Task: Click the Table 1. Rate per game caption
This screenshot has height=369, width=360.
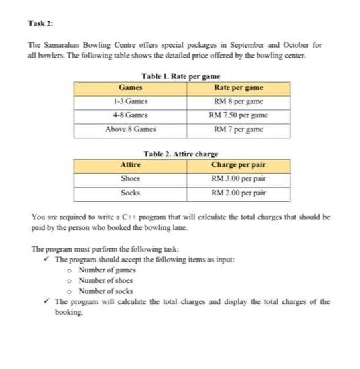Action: coord(181,77)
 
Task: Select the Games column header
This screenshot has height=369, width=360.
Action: coord(130,88)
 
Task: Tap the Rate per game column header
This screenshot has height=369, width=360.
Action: coord(238,88)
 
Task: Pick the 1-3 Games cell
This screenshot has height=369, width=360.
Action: coord(130,101)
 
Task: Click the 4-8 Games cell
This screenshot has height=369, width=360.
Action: coord(130,115)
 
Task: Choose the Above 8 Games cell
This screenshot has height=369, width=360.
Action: coord(130,128)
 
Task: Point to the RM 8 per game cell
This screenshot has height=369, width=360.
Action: coord(238,101)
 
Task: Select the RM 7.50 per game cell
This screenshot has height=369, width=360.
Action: coord(238,115)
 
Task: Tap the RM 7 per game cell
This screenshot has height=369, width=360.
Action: coord(238,128)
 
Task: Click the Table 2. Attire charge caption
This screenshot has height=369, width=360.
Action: coord(181,154)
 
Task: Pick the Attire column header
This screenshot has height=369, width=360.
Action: coord(130,165)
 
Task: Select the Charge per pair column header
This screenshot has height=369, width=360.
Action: coord(238,165)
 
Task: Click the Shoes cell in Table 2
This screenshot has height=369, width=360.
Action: coord(130,178)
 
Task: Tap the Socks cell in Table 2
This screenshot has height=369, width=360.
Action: coord(130,192)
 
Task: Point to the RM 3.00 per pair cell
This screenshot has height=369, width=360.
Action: coord(238,178)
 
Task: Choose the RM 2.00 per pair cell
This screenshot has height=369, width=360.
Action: coord(238,192)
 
